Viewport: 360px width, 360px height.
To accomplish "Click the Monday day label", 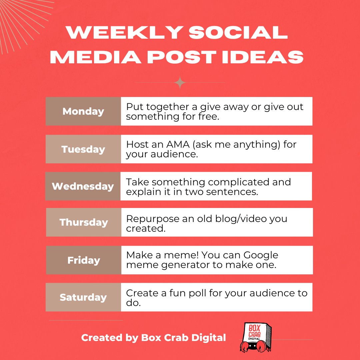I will tap(83, 111).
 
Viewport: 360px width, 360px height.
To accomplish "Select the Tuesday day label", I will tap(83, 149).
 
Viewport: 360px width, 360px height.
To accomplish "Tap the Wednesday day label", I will tap(83, 186).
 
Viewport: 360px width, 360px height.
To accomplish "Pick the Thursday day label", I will tap(84, 222).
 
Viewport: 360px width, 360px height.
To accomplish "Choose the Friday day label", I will tap(84, 260).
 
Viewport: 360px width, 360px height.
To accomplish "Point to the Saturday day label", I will tap(83, 297).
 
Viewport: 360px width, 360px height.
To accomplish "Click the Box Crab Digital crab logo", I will tap(255, 337).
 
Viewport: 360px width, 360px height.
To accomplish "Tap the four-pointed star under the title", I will tap(180, 82).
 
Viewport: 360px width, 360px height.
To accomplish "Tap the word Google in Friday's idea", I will tap(260, 256).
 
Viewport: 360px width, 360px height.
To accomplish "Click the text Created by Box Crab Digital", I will tap(154, 338).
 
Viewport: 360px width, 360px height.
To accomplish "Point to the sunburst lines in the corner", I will tap(20, 17).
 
